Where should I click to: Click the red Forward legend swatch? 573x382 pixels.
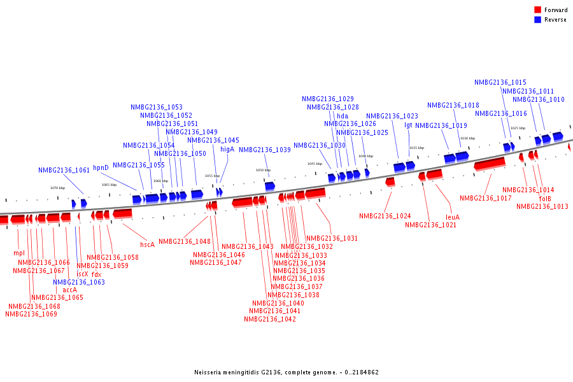(x=538, y=10)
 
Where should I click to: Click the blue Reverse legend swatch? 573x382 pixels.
(x=538, y=20)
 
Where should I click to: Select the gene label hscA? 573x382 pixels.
(x=147, y=244)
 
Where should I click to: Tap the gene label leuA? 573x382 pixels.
(x=453, y=217)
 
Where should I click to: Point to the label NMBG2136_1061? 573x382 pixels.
(x=64, y=171)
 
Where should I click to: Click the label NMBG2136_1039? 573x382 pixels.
(x=265, y=150)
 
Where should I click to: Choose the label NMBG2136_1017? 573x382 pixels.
(x=486, y=198)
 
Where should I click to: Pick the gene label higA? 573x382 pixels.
(x=227, y=149)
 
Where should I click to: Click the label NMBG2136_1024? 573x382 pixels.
(x=385, y=216)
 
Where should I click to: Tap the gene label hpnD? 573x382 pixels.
(x=101, y=168)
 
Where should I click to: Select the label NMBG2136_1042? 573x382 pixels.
(x=270, y=320)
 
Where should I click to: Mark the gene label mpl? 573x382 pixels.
(x=19, y=253)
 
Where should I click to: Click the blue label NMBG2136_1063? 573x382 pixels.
(x=79, y=282)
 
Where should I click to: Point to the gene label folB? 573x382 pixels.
(x=545, y=199)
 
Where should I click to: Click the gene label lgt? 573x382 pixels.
(x=408, y=125)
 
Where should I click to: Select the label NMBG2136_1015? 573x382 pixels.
(x=500, y=82)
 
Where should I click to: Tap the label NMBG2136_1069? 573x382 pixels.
(x=31, y=314)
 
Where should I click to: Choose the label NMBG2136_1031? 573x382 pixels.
(x=332, y=238)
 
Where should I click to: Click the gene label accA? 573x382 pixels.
(x=69, y=290)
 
